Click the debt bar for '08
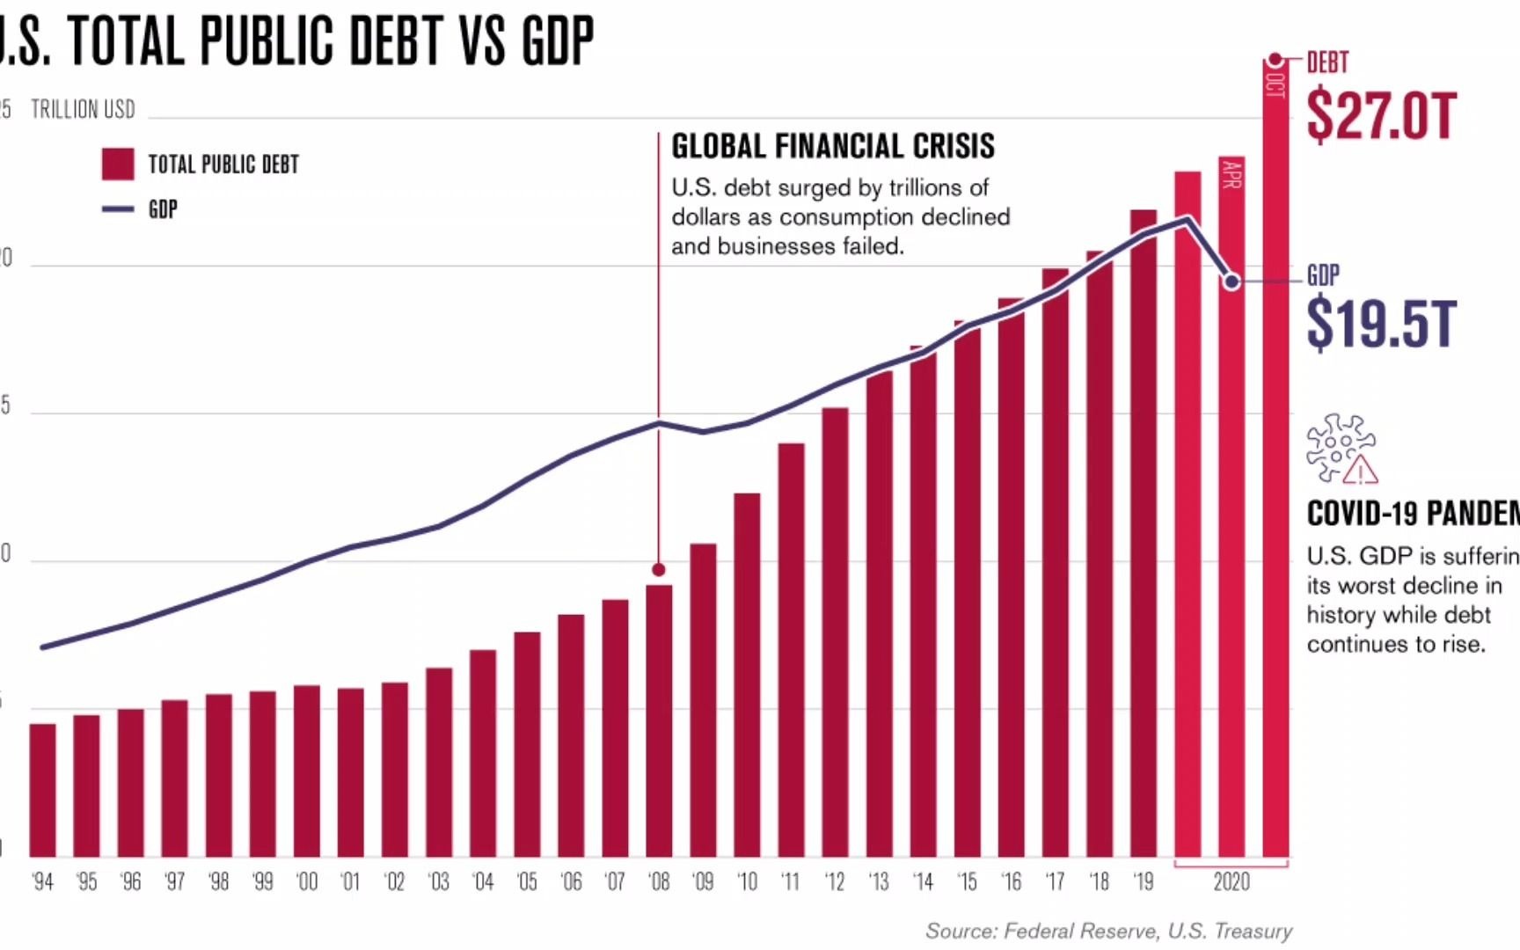[x=659, y=721]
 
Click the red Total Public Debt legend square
[x=118, y=164]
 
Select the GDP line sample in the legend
[x=118, y=209]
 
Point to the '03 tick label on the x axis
[x=438, y=881]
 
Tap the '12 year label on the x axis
[x=835, y=881]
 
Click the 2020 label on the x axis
[x=1231, y=881]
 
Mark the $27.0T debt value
[x=1381, y=116]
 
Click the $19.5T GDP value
[x=1381, y=324]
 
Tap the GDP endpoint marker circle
[x=1232, y=281]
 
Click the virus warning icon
[x=1341, y=449]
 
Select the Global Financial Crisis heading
[x=833, y=146]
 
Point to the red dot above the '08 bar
[x=659, y=570]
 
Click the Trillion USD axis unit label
[x=84, y=110]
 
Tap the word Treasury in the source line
[x=1253, y=931]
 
